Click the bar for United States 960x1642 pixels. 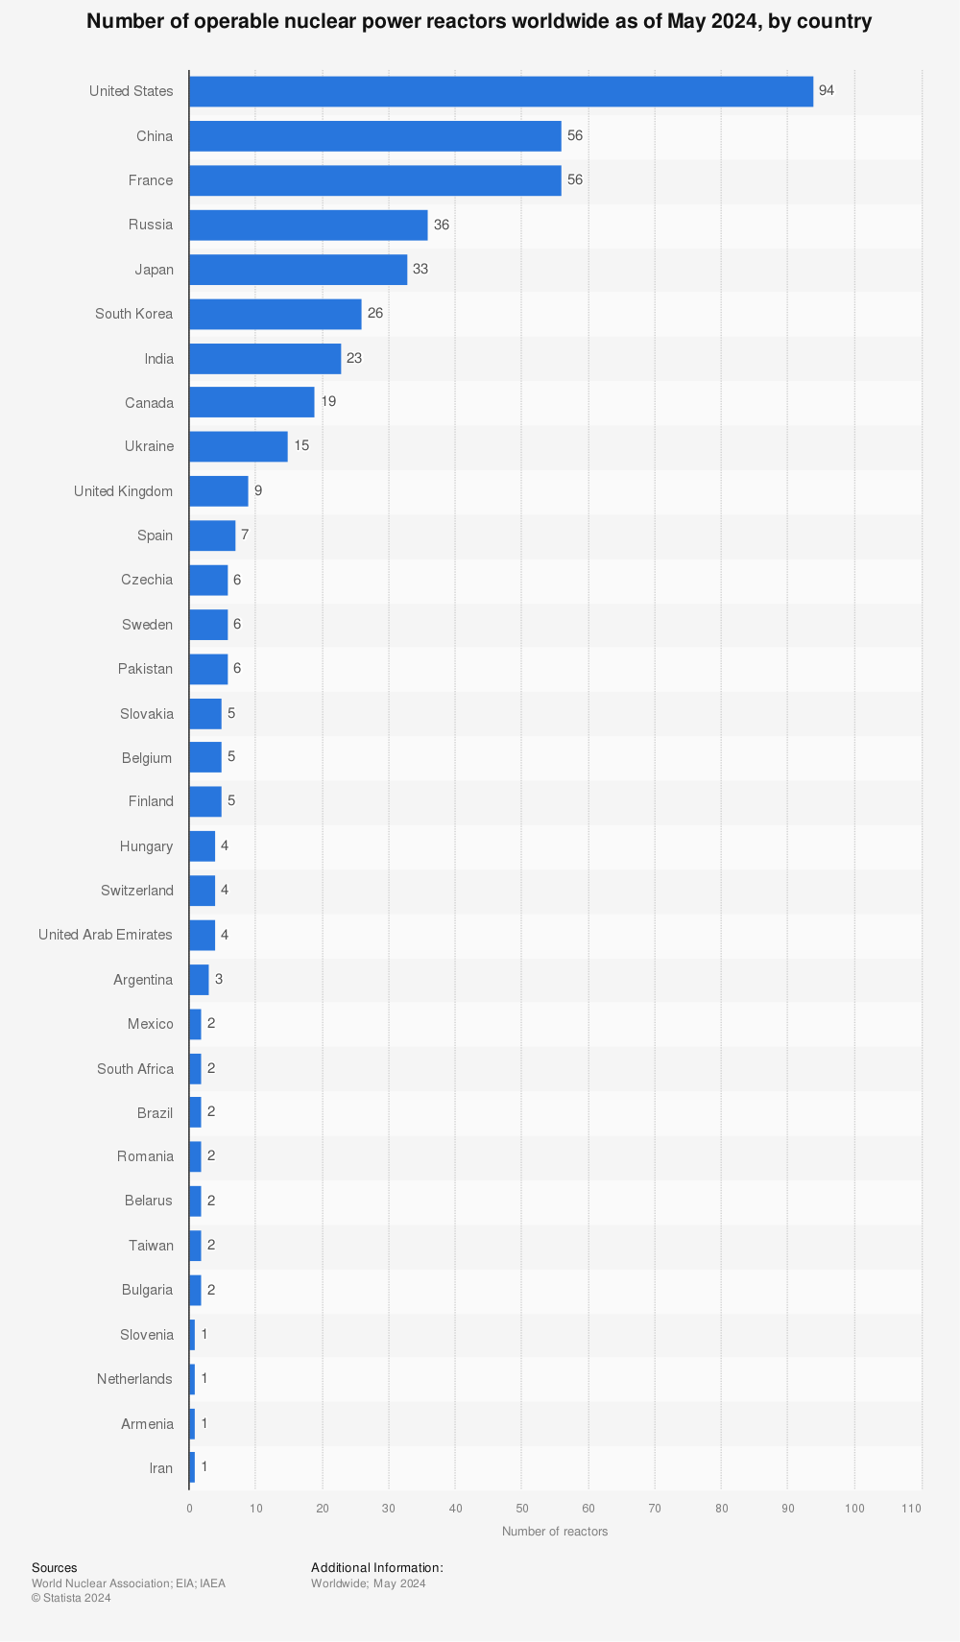[500, 91]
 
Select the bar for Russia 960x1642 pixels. [308, 225]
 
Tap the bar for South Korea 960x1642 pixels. [275, 314]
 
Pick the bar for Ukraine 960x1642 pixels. [238, 446]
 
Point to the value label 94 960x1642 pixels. [827, 91]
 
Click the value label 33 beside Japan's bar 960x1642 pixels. [420, 270]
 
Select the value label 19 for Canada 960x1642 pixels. [328, 402]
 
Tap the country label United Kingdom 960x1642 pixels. [124, 491]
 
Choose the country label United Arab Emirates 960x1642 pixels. [106, 935]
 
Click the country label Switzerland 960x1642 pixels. [137, 891]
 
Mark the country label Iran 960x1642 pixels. [161, 1468]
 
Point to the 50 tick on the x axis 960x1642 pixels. [521, 1509]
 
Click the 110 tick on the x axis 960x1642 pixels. [912, 1509]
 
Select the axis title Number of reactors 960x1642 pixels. [555, 1532]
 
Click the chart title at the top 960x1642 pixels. [479, 21]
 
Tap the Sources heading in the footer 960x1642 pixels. [54, 1568]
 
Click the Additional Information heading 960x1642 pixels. [377, 1568]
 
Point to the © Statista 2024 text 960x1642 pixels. [71, 1598]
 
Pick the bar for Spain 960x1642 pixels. [212, 535]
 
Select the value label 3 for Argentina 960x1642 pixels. [219, 979]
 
